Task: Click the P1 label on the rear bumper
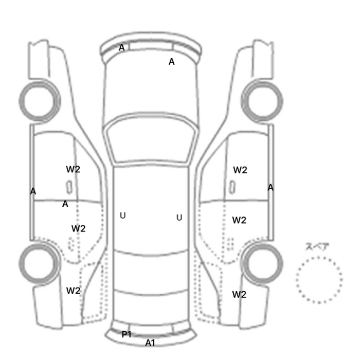pos(127,334)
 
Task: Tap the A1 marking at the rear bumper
pos(150,343)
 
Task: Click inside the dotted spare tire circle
pos(319,280)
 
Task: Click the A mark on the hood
pos(171,62)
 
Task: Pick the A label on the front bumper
pos(122,48)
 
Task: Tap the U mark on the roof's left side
pos(123,215)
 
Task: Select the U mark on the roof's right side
pos(179,218)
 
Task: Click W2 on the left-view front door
pos(73,169)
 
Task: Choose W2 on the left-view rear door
pos(79,228)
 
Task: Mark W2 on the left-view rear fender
pos(73,291)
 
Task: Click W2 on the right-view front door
pos(240,170)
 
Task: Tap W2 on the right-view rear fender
pos(239,295)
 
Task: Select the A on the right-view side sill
pos(271,188)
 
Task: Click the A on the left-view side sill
pos(33,191)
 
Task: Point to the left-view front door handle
pos(69,187)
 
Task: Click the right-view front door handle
pos(232,187)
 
